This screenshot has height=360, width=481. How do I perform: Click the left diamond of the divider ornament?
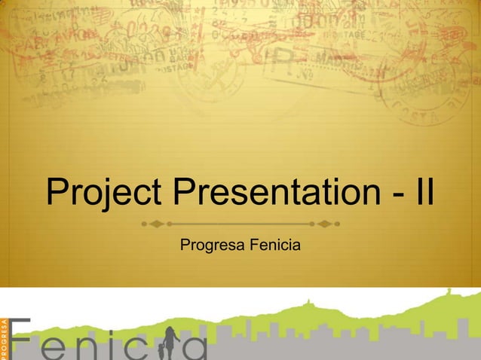click(156, 224)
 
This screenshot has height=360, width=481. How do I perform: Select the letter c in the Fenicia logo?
click(143, 348)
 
